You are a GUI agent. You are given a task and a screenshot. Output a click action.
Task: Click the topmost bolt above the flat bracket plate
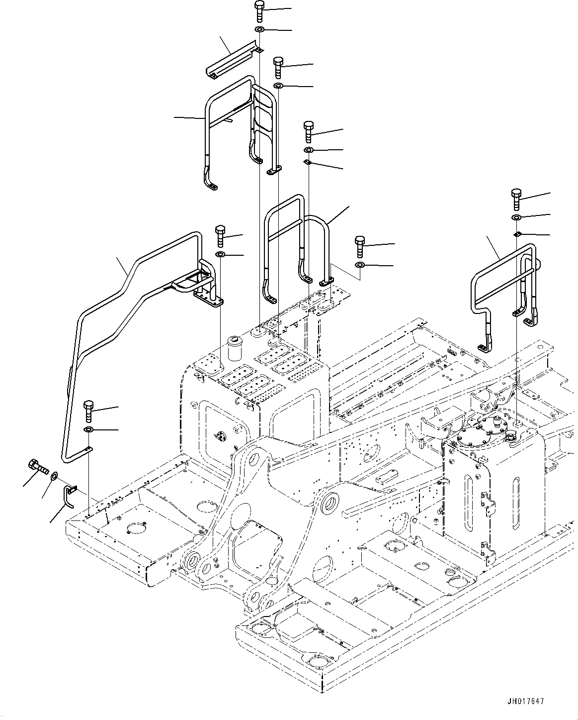259,10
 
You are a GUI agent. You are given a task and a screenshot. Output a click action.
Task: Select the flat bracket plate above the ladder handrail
234,61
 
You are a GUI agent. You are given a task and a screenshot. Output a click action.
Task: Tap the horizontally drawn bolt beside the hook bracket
37,466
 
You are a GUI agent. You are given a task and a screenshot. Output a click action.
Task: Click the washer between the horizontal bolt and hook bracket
54,476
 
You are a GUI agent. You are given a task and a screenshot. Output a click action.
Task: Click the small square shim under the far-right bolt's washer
517,234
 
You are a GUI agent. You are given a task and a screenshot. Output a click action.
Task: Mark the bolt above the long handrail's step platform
220,235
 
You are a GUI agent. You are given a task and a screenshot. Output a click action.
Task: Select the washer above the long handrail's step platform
220,255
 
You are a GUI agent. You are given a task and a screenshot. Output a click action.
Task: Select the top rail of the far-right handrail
502,259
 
